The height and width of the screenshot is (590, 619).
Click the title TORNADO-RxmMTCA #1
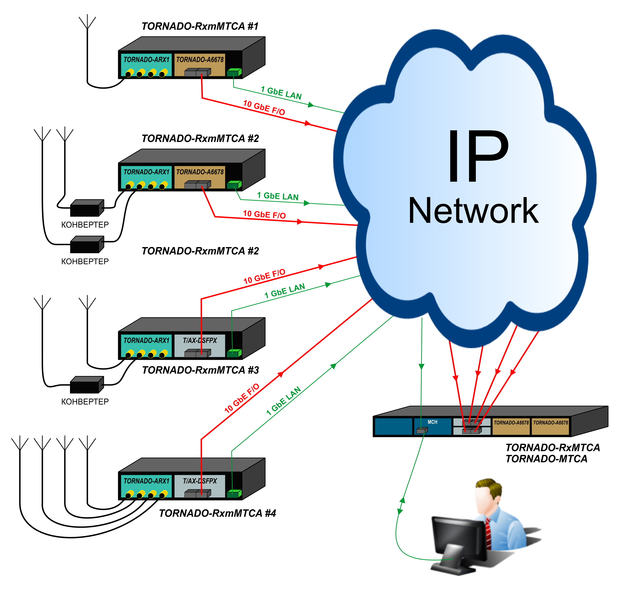coord(200,26)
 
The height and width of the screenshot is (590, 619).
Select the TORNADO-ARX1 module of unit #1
coord(146,64)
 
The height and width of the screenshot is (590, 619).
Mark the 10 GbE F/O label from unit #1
coord(264,107)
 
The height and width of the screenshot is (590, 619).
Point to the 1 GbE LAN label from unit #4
coord(283,401)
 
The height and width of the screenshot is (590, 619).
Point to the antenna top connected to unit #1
coord(87,22)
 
